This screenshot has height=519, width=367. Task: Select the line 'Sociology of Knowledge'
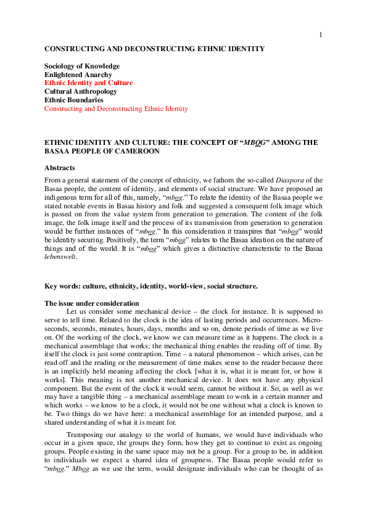81,66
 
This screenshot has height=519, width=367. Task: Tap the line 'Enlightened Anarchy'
78,75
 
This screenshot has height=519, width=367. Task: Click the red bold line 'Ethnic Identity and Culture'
88,83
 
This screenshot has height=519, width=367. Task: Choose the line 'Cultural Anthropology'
80,91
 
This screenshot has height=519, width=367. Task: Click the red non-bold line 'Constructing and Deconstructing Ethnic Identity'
116,108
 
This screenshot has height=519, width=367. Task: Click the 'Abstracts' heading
60,167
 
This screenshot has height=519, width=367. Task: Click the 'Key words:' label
62,286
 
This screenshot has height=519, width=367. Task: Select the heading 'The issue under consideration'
91,303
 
